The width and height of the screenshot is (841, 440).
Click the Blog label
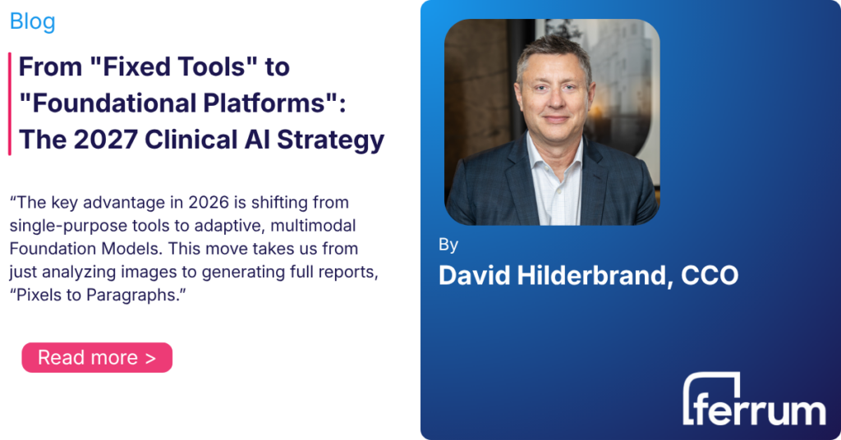click(x=32, y=21)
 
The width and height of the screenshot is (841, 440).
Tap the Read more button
click(x=97, y=357)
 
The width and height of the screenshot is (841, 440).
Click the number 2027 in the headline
click(x=105, y=140)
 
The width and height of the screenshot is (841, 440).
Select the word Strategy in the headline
click(x=330, y=140)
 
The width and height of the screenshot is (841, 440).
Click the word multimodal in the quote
click(x=313, y=226)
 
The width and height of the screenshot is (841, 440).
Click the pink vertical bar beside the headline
click(x=10, y=103)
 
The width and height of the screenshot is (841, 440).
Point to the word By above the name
click(x=448, y=245)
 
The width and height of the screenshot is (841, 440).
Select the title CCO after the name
click(x=710, y=276)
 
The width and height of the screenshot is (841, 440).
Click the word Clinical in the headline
click(x=191, y=140)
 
